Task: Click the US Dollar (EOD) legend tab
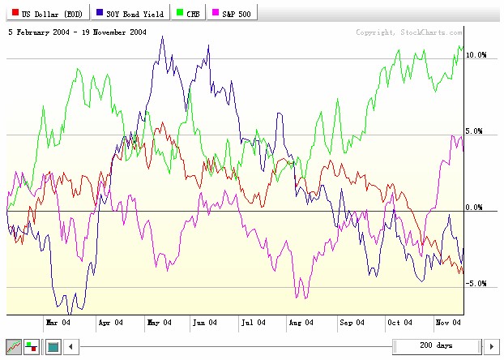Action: click(46, 15)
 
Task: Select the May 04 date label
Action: click(159, 322)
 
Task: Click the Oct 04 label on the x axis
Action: click(399, 322)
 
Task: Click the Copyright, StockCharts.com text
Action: click(409, 32)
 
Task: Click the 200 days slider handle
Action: click(436, 346)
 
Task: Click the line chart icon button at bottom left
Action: click(14, 346)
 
